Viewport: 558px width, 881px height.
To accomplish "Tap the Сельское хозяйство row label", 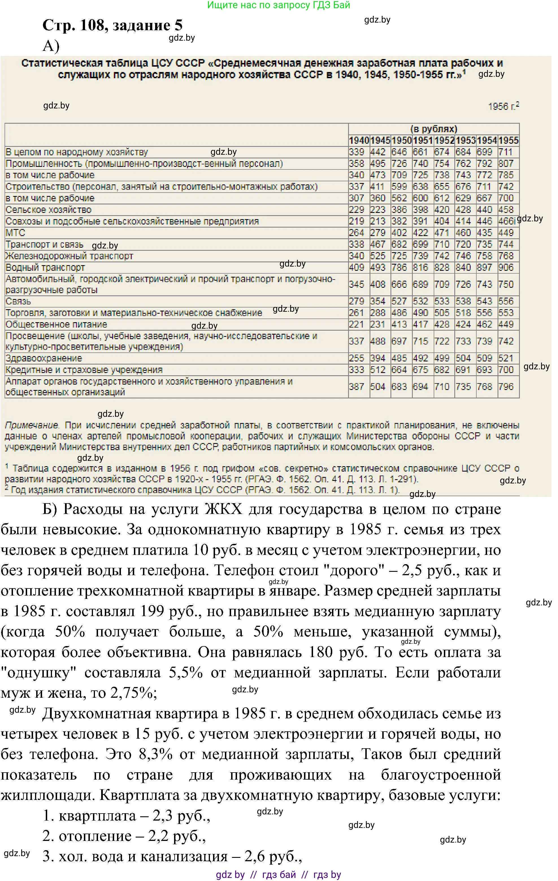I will coord(48,210).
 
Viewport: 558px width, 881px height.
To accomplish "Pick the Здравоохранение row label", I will coord(44,358).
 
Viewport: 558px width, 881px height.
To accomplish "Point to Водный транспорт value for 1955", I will coord(506,267).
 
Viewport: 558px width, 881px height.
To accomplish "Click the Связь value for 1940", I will coord(357,301).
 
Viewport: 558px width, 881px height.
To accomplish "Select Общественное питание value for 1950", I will coord(399,324).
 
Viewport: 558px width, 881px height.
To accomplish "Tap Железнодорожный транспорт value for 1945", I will coord(378,256).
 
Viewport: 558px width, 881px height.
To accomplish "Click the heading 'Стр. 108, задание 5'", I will coord(112,25).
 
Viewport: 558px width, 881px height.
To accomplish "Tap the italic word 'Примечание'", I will coord(31,425).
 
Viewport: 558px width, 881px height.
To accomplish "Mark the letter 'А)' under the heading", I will coord(51,46).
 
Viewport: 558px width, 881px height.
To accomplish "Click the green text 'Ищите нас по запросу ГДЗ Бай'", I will coord(279,5).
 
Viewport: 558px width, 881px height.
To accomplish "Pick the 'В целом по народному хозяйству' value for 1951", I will coord(420,152).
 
